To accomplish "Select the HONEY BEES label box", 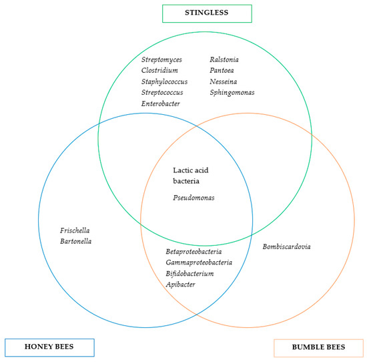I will [50, 347].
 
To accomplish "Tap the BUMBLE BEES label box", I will [318, 348].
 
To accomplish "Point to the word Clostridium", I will [159, 71].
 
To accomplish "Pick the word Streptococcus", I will [162, 93].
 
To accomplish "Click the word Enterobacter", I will [160, 104].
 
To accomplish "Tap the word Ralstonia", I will [224, 60].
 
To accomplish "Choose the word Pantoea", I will [222, 71].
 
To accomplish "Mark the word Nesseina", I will [223, 82].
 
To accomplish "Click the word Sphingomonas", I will [232, 93].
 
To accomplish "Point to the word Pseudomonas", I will [194, 198].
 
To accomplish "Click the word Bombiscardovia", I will [286, 246].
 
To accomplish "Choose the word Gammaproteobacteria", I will [200, 262].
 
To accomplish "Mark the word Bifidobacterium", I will [190, 274].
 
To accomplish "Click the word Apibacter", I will [180, 285].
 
